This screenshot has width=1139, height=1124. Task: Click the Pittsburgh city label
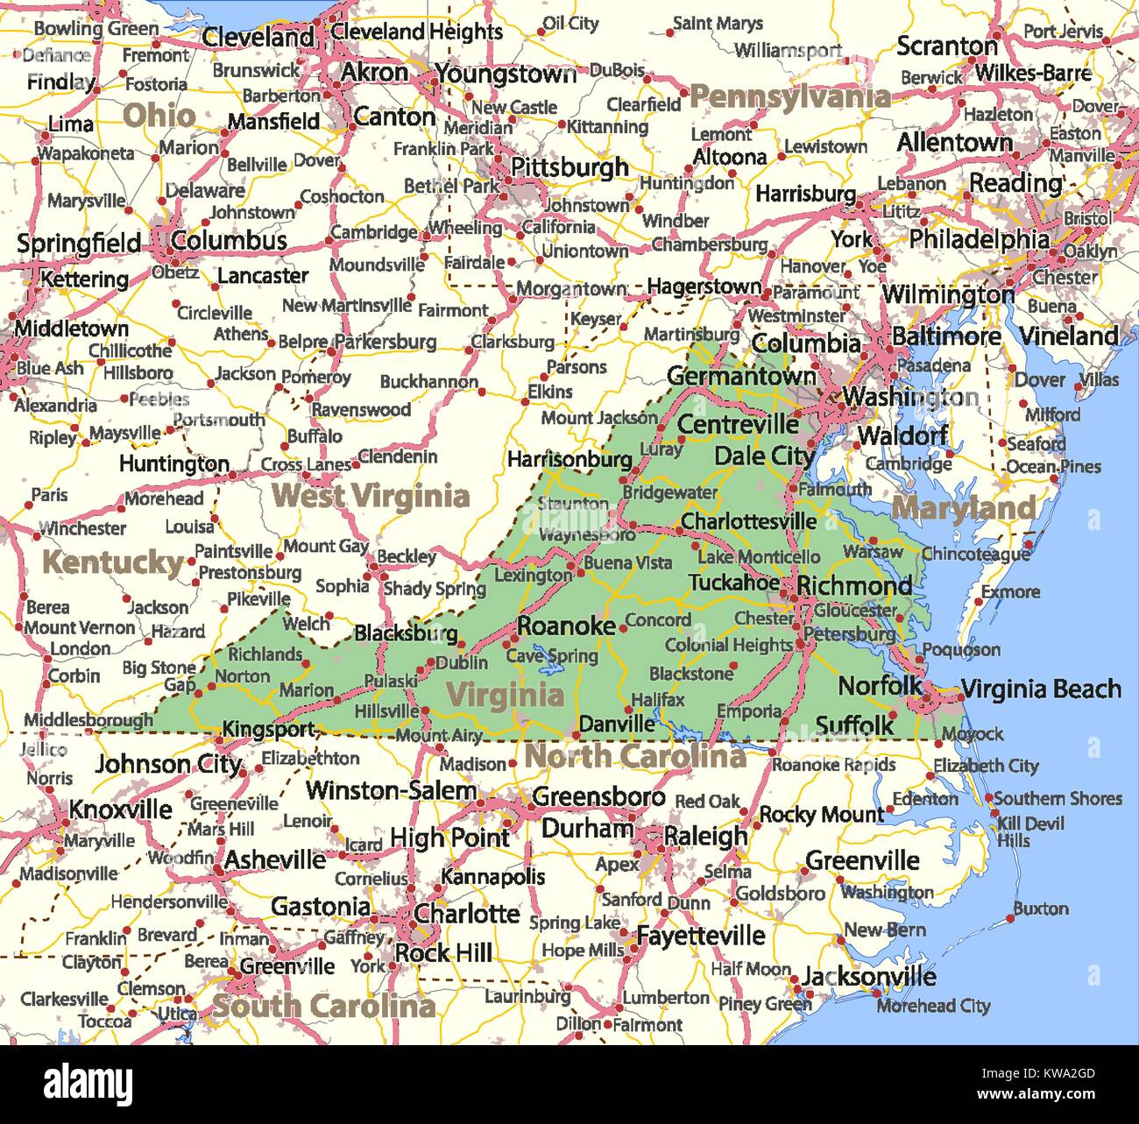coord(569,166)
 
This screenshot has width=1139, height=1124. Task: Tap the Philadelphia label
coord(979,238)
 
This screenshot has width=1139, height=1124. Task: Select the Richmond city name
coord(854,585)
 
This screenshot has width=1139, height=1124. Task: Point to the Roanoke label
coord(566,626)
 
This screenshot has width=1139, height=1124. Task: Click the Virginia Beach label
coord(1041,689)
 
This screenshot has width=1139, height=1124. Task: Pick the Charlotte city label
coord(467,914)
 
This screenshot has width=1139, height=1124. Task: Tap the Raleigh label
coord(705,836)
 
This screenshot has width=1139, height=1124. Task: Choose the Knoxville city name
coord(121,809)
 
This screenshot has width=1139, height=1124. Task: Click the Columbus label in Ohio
coord(229,241)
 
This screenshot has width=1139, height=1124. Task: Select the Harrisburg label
coord(805,193)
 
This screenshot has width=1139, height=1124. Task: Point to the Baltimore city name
coord(946,336)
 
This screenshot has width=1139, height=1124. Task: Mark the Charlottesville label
coord(748,521)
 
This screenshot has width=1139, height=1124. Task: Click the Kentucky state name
coord(113,562)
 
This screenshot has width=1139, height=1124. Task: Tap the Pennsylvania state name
coord(789,96)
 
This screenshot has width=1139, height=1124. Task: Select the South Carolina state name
coord(323,1007)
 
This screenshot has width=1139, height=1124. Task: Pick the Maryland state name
coord(963,508)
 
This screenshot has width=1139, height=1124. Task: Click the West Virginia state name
coord(371,496)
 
